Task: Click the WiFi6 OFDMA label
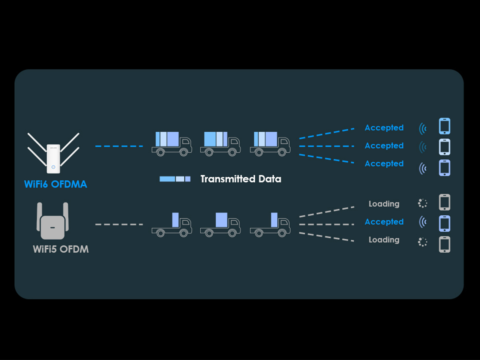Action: coord(55,184)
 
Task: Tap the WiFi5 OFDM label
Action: coord(61,249)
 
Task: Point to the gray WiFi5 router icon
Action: coord(52,223)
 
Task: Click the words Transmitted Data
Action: coord(241,179)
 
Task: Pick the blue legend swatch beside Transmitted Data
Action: coord(175,179)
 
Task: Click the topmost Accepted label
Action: coord(384,128)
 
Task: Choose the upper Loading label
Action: coord(384,204)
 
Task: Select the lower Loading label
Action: coord(384,240)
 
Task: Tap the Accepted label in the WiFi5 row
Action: coord(384,222)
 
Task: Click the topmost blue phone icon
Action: coord(445,126)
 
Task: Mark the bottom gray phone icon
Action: coord(445,244)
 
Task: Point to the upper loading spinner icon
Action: coord(423,203)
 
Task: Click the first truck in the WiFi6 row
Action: coord(171,144)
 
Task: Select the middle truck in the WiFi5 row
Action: coord(220,225)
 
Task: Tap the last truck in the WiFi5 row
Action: coord(270,225)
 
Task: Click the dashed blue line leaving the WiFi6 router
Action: coord(119,146)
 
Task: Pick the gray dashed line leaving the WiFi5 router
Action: coord(119,224)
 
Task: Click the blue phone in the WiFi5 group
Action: coord(445,223)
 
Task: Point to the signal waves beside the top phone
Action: coord(423,129)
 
